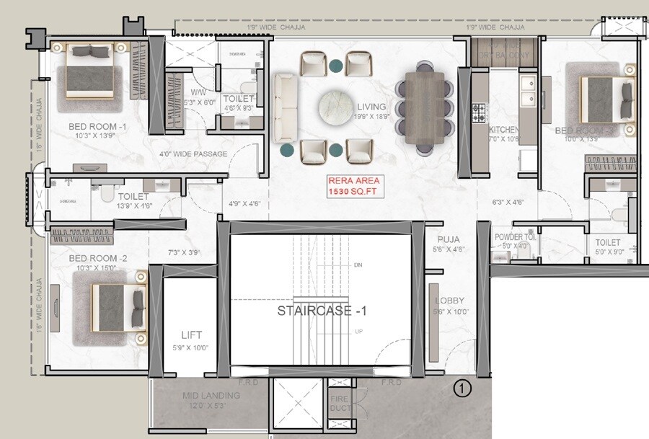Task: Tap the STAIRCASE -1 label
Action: tap(322, 311)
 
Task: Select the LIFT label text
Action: tap(192, 334)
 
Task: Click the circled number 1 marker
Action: tap(462, 389)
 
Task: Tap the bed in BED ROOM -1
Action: tap(90, 70)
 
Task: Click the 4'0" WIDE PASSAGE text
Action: tap(193, 154)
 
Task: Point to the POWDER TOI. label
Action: tap(514, 237)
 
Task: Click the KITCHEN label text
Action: tap(503, 130)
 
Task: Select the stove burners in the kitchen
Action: tap(477, 112)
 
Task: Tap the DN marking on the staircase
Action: tap(358, 265)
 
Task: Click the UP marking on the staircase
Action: tap(358, 332)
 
